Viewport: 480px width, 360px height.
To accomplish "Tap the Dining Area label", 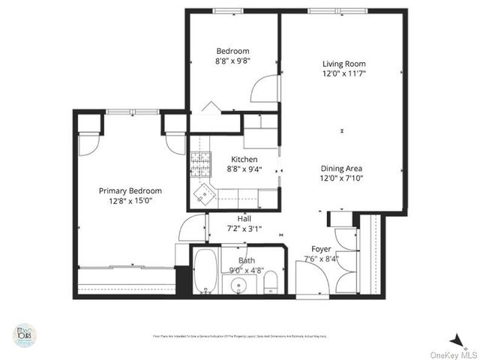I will click(341, 169).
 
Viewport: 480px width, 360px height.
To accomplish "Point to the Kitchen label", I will click(244, 159).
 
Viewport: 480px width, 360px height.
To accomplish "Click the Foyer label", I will click(322, 248).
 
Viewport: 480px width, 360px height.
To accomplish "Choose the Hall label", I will click(244, 218).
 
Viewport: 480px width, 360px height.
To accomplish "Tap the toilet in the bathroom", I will click(272, 283).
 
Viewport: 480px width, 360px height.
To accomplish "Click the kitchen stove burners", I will click(199, 160).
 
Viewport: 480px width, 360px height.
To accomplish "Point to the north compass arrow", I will click(455, 340).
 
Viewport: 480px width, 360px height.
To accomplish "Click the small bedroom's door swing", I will click(264, 89).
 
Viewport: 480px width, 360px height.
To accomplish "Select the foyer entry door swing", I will click(310, 277).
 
